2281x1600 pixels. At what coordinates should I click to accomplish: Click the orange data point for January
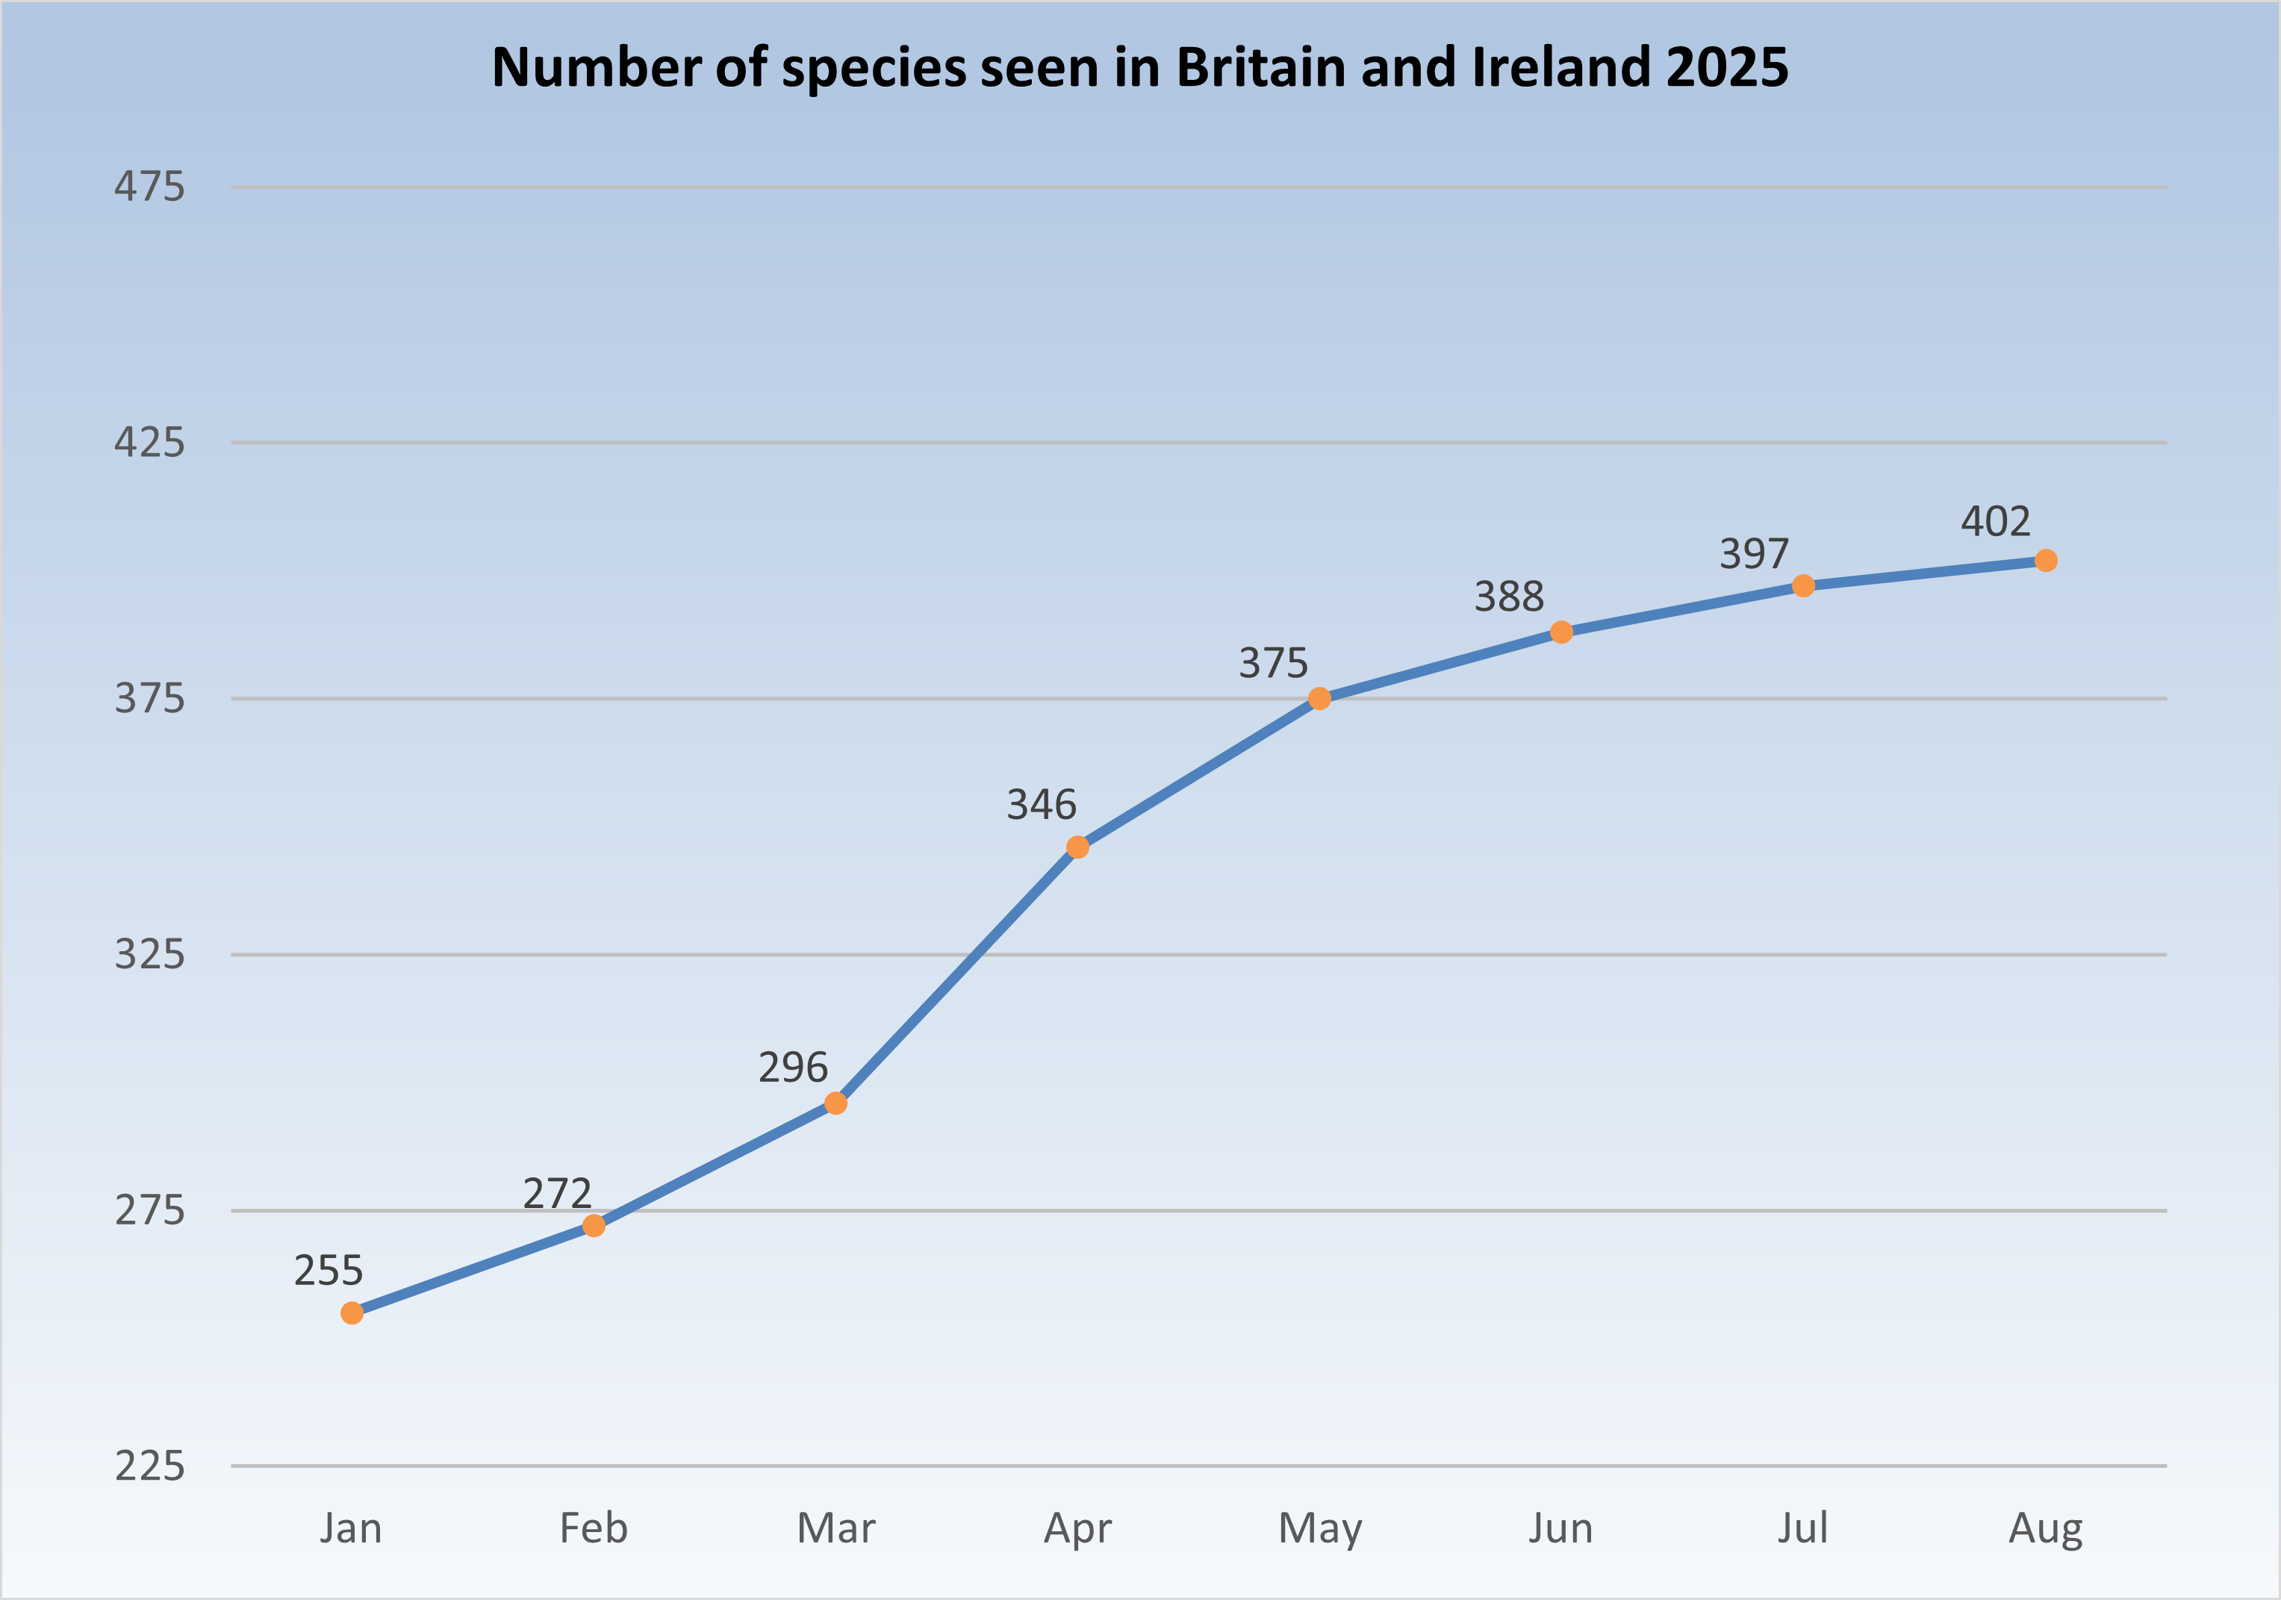pyautogui.click(x=352, y=1313)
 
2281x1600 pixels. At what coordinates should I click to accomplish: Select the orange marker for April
pyautogui.click(x=1078, y=847)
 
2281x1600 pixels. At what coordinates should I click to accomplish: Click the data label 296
pyautogui.click(x=793, y=1067)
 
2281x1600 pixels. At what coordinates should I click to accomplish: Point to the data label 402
pyautogui.click(x=1995, y=521)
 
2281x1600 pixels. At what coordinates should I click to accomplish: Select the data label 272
pyautogui.click(x=557, y=1193)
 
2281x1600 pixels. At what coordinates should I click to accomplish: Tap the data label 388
pyautogui.click(x=1509, y=596)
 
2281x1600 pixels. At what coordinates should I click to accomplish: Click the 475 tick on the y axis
pyautogui.click(x=149, y=187)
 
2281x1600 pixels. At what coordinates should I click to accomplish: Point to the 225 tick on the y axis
pyautogui.click(x=149, y=1466)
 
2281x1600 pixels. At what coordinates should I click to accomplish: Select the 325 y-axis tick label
pyautogui.click(x=149, y=954)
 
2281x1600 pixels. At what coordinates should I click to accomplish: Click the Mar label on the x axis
pyautogui.click(x=835, y=1528)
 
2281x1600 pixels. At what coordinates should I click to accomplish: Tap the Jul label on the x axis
pyautogui.click(x=1802, y=1528)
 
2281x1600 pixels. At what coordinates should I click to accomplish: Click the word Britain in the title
pyautogui.click(x=1260, y=67)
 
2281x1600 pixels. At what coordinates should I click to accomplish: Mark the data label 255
pyautogui.click(x=329, y=1270)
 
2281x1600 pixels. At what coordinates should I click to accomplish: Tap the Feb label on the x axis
pyautogui.click(x=593, y=1528)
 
